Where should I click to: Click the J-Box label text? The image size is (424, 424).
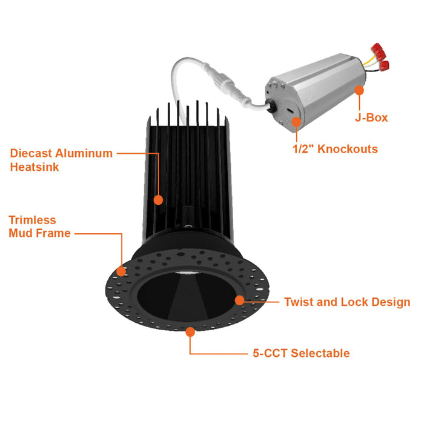[371, 118]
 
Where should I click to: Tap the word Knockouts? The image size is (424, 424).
[348, 149]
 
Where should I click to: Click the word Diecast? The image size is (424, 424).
[31, 153]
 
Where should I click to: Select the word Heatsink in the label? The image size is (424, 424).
[35, 167]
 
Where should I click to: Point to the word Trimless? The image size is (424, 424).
[32, 220]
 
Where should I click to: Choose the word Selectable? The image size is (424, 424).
[320, 353]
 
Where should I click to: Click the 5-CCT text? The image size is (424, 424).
[270, 353]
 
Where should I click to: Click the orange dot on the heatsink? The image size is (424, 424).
[158, 200]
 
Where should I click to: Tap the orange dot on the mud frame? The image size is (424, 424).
[121, 271]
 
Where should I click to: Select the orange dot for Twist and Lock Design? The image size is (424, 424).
[240, 300]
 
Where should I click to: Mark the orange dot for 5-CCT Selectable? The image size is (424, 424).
[190, 332]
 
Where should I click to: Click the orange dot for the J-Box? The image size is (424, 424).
[359, 90]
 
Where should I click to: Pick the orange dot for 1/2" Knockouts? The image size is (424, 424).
[296, 122]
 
